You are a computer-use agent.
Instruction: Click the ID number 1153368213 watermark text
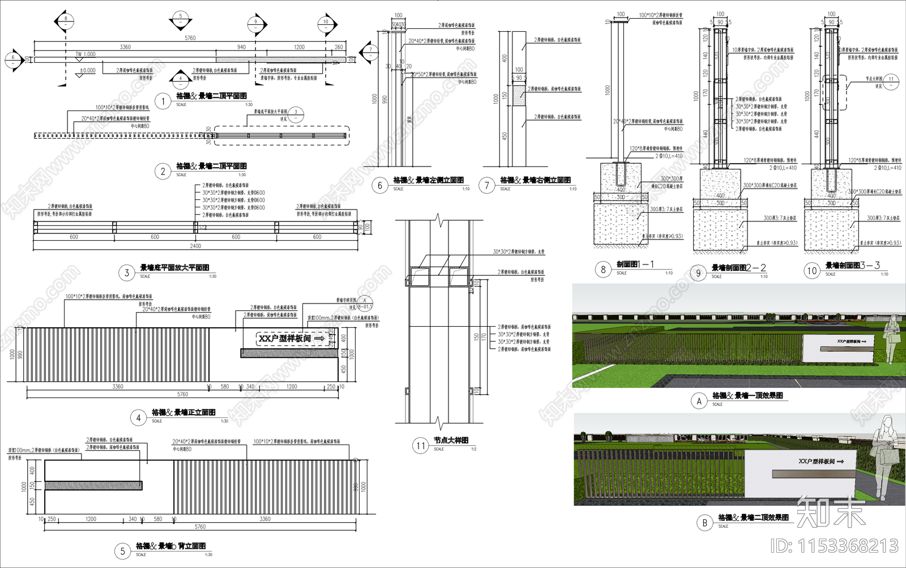pyautogui.click(x=835, y=546)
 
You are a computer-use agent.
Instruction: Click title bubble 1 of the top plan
pyautogui.click(x=163, y=101)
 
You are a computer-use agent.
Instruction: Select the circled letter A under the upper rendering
pyautogui.click(x=699, y=401)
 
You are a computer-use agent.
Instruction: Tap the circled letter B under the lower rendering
pyautogui.click(x=704, y=523)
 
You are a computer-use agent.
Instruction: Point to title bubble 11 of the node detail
pyautogui.click(x=420, y=446)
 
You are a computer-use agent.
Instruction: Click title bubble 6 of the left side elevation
pyautogui.click(x=379, y=185)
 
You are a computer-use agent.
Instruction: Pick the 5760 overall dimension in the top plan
pyautogui.click(x=190, y=38)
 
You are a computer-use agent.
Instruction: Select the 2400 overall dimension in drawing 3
pyautogui.click(x=195, y=246)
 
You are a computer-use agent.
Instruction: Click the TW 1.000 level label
pyautogui.click(x=86, y=54)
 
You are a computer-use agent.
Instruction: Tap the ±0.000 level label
pyautogui.click(x=88, y=71)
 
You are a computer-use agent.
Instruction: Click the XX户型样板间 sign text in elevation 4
pyautogui.click(x=285, y=338)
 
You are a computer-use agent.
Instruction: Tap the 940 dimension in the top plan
pyautogui.click(x=241, y=47)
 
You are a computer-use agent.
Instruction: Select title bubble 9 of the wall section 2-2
pyautogui.click(x=698, y=273)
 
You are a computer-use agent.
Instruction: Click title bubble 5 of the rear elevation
pyautogui.click(x=122, y=551)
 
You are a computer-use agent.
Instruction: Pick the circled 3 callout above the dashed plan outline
pyautogui.click(x=296, y=113)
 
